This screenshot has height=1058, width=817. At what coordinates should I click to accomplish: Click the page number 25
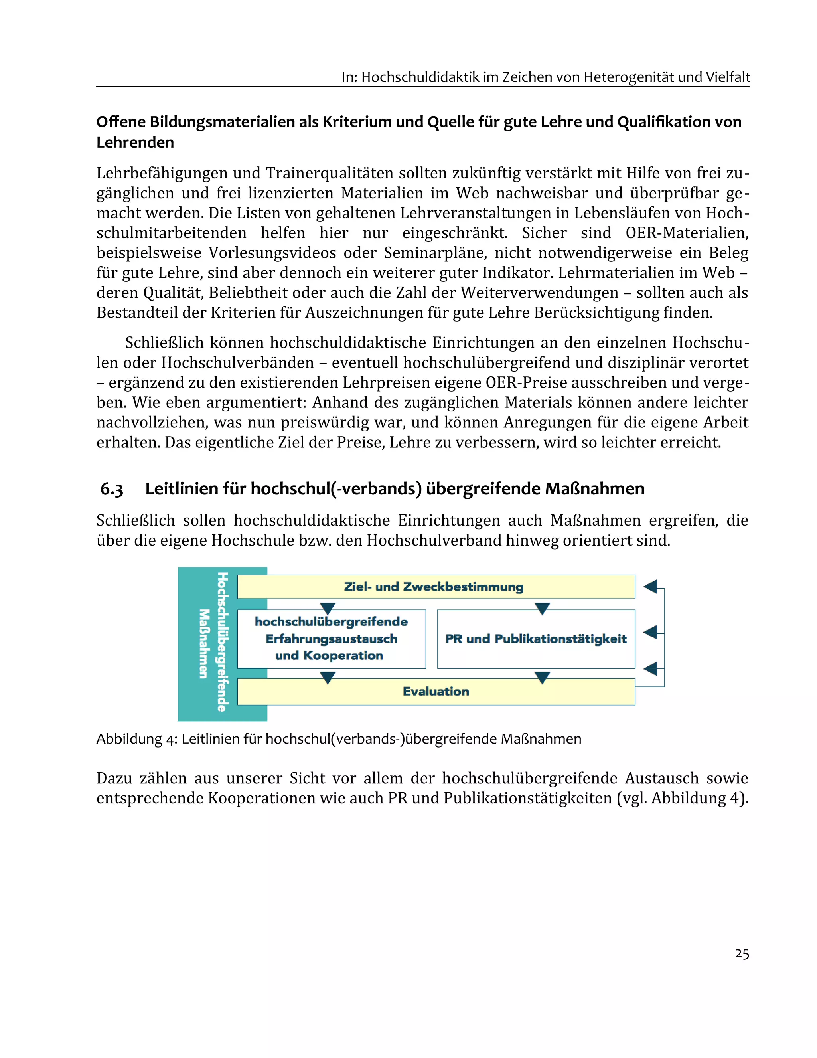[x=742, y=953]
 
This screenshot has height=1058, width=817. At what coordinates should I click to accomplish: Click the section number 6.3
[x=112, y=489]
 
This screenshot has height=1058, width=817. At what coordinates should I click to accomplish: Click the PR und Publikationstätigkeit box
[x=536, y=639]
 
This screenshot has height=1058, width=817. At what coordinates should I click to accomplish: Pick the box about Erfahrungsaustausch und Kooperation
[x=331, y=639]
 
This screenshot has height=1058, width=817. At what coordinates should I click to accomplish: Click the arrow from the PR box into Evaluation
[x=542, y=677]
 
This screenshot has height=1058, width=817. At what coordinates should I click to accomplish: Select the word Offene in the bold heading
[x=120, y=122]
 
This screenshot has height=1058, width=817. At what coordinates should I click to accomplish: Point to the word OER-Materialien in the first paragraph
[x=686, y=233]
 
